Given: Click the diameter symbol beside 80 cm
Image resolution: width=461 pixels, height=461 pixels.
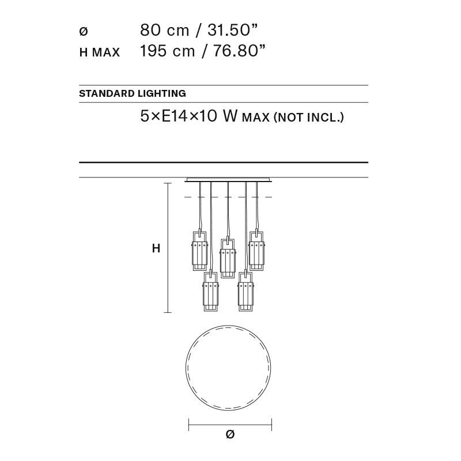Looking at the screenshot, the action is [84, 31].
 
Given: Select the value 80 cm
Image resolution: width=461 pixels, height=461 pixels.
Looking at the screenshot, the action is [164, 30].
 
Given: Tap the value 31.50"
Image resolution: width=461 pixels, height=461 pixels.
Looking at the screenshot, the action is [232, 30].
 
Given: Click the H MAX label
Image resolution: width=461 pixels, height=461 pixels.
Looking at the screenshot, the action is [100, 52].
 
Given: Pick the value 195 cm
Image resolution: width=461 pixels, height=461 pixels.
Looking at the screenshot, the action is [167, 51].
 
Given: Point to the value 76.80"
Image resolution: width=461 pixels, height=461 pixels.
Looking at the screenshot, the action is [239, 51].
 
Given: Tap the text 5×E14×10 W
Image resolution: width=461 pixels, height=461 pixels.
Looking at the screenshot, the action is [188, 116].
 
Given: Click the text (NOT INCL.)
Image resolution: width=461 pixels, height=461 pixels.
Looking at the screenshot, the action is [309, 118].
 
